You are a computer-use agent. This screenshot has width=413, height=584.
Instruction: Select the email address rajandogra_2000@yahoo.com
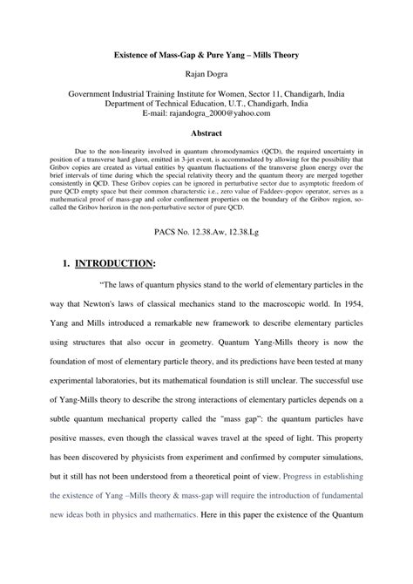[x=225, y=112]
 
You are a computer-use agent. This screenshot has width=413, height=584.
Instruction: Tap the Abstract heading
[x=206, y=133]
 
